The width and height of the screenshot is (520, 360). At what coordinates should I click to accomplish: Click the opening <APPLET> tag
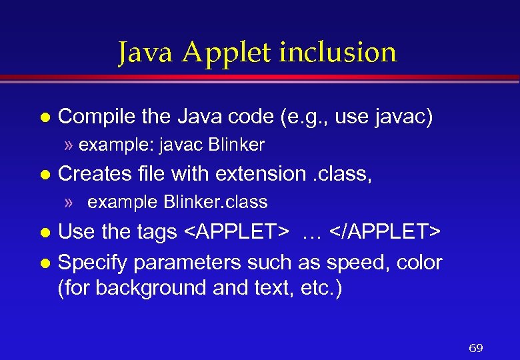(237, 232)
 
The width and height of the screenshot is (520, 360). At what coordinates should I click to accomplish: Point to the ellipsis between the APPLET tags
(311, 233)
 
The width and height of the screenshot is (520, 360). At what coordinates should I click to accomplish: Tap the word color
(419, 263)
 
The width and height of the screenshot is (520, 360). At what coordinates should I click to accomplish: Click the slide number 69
(476, 348)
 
